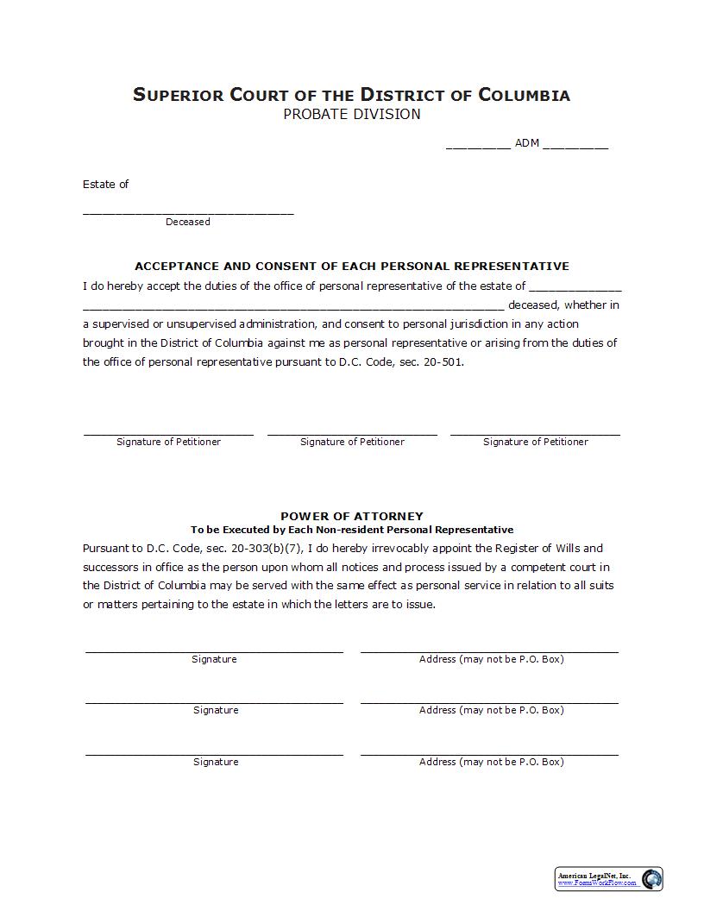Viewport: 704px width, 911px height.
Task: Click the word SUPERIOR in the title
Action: pyautogui.click(x=178, y=95)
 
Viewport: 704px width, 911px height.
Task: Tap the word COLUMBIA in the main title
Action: pyautogui.click(x=524, y=95)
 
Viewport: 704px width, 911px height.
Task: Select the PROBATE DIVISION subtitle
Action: pyautogui.click(x=352, y=114)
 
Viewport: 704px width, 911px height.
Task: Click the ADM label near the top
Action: pyautogui.click(x=527, y=143)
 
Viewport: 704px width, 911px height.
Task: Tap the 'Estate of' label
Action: pyautogui.click(x=106, y=184)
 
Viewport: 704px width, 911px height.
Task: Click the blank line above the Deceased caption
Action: pyautogui.click(x=188, y=212)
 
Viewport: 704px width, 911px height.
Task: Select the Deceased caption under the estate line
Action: pyautogui.click(x=188, y=222)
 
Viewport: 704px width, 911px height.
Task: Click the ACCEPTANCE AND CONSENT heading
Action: pyautogui.click(x=352, y=266)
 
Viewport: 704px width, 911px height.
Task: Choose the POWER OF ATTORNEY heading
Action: pyautogui.click(x=352, y=516)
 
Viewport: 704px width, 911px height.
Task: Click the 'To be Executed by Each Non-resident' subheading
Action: pyautogui.click(x=352, y=530)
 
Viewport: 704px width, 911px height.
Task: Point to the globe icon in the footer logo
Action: pyautogui.click(x=651, y=879)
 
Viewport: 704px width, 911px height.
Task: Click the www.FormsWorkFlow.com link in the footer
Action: pyautogui.click(x=598, y=883)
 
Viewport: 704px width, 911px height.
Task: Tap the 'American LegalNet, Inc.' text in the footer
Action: pyautogui.click(x=594, y=876)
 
